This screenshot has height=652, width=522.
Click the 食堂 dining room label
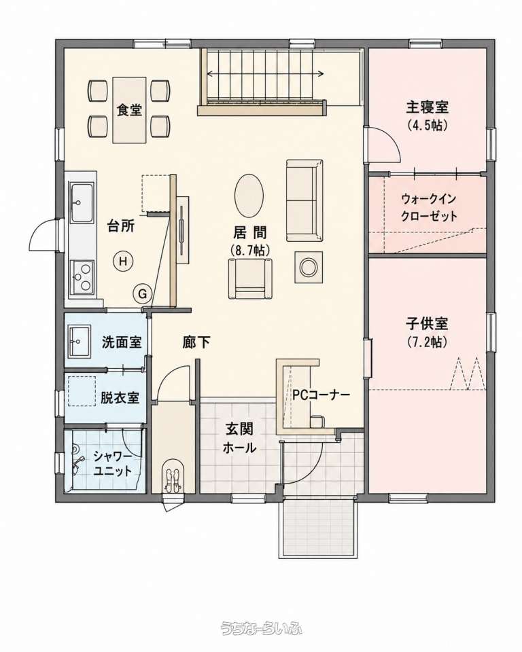(129, 109)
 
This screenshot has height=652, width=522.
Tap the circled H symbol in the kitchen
(123, 261)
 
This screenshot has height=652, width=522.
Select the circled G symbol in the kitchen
(142, 294)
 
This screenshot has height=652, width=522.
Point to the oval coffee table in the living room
(249, 195)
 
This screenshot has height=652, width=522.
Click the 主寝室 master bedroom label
(427, 107)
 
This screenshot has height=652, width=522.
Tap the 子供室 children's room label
(427, 323)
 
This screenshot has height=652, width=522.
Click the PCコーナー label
(321, 395)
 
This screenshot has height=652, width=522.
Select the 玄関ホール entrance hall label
(239, 438)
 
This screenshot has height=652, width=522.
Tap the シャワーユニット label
(112, 464)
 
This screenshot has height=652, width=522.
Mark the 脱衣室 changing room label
(120, 398)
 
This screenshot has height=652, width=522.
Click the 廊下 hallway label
(196, 342)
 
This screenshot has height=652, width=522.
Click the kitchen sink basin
(82, 203)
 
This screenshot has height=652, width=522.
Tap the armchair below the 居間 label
(249, 278)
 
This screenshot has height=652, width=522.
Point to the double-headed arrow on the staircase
(265, 74)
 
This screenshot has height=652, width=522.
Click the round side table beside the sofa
(309, 267)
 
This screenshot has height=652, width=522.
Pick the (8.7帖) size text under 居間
(249, 249)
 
